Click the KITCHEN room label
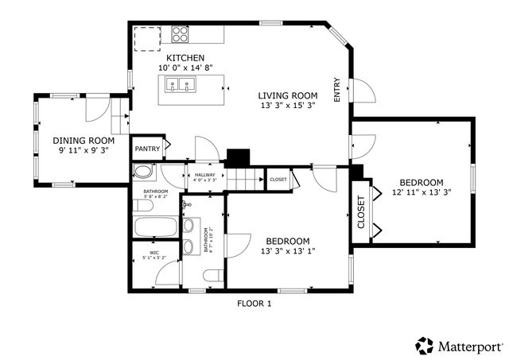click(x=185, y=58)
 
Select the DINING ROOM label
click(x=79, y=140)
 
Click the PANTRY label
click(x=147, y=149)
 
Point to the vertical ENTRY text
click(x=337, y=89)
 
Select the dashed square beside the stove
click(x=146, y=38)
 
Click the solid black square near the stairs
click(x=238, y=157)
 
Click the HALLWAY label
click(x=205, y=174)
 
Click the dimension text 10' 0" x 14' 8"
click(x=185, y=68)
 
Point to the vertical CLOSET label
click(x=361, y=212)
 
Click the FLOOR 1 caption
click(x=254, y=304)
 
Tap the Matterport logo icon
click(x=424, y=346)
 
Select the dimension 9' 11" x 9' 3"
click(x=79, y=149)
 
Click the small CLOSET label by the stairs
click(x=278, y=180)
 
